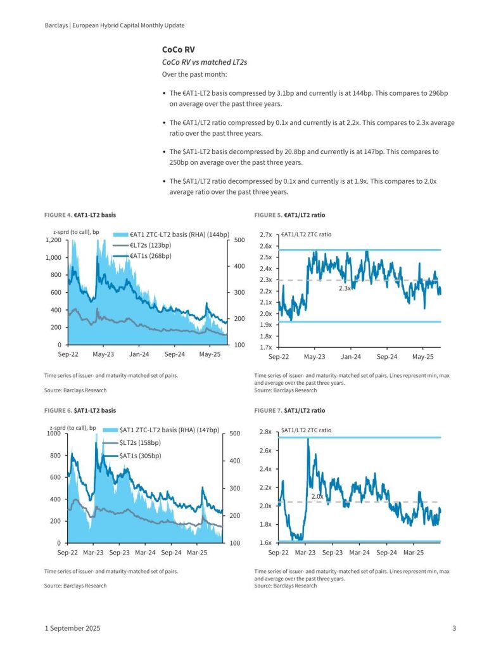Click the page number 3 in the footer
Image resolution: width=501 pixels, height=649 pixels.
coord(454,628)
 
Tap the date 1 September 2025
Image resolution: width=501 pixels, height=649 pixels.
coord(72,628)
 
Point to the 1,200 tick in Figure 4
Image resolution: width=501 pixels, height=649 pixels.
coord(53,240)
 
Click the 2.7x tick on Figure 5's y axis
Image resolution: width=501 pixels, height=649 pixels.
coord(265,235)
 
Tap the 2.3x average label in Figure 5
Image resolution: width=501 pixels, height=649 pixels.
coord(345,288)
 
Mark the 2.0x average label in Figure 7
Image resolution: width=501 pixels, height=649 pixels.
coord(317,497)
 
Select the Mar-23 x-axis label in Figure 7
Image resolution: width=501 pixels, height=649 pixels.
coord(305,553)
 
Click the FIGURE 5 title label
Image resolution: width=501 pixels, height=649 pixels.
coord(289,215)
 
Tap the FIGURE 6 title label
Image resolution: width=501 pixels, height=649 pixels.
coord(80,411)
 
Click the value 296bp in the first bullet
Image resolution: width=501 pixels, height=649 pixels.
coord(436,93)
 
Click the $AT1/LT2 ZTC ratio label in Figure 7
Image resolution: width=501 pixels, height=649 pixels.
coord(307,430)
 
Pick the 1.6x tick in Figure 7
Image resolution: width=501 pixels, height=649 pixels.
coord(265,543)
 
